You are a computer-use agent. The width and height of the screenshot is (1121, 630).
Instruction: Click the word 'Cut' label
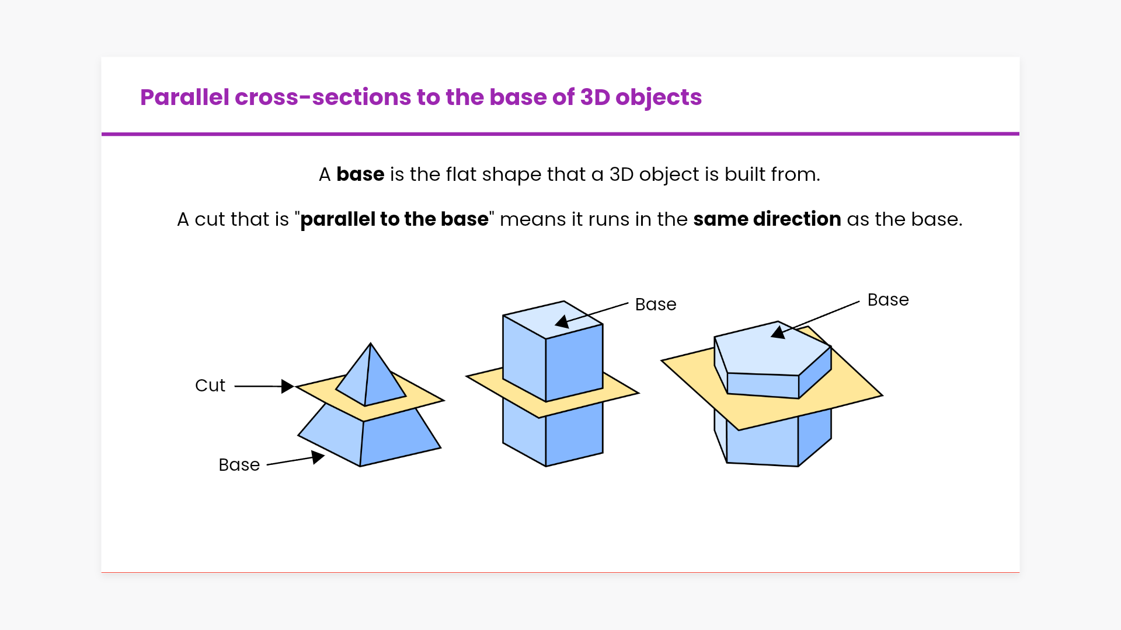point(210,386)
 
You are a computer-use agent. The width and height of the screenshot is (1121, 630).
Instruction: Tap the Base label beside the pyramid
point(239,465)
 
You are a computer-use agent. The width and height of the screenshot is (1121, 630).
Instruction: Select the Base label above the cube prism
point(655,304)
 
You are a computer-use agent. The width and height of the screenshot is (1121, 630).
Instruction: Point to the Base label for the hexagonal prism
point(887,300)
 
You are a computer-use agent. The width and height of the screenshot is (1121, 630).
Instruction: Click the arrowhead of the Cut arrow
point(287,386)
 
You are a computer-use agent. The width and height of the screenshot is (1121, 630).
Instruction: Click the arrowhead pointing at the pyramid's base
point(318,457)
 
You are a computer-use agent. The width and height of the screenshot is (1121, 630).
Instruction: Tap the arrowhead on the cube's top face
point(562,321)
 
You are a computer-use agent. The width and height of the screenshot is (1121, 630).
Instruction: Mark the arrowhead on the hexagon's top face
point(778,332)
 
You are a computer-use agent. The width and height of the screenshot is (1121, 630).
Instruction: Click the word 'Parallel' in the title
point(184,97)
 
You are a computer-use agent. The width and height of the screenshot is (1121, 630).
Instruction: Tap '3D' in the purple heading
point(595,97)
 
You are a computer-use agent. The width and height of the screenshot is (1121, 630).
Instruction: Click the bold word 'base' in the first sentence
point(360,174)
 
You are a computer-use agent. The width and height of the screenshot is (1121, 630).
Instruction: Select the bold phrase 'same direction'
point(767,219)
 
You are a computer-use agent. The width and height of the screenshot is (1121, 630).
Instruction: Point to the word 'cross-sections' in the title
point(323,97)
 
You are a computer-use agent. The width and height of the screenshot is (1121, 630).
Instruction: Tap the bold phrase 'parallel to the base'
point(394,219)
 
